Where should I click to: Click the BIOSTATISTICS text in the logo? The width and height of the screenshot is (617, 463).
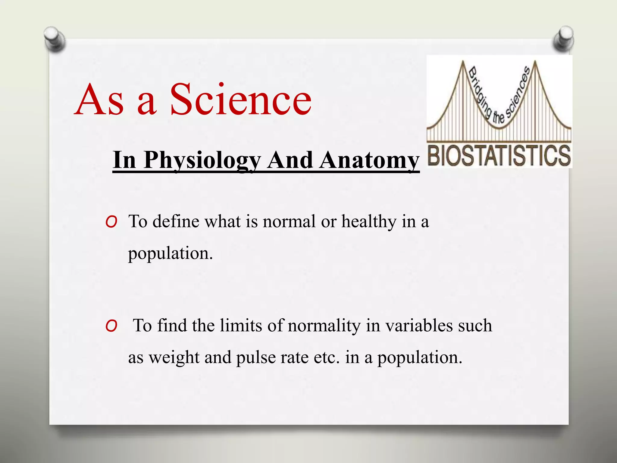(499, 155)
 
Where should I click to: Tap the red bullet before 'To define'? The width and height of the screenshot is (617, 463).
(111, 222)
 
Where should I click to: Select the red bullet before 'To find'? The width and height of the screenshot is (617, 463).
(111, 326)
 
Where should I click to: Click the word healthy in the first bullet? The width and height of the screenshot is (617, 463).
(369, 222)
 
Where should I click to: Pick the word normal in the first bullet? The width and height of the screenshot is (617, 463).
(289, 222)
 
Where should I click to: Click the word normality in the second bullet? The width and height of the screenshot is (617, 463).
(324, 326)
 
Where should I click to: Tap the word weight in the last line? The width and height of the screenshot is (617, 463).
(174, 358)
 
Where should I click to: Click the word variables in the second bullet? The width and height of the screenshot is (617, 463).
(419, 326)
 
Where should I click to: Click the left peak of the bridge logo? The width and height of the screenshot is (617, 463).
(463, 63)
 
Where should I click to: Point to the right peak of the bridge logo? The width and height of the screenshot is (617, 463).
(535, 63)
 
